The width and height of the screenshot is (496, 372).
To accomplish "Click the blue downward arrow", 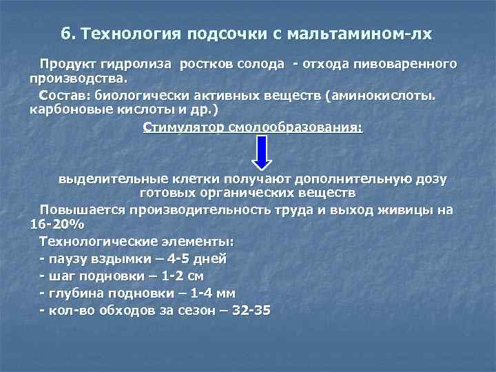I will [x=263, y=152].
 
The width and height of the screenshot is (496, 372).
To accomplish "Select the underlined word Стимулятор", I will [x=183, y=127].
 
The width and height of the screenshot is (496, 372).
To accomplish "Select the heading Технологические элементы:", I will [x=136, y=242].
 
